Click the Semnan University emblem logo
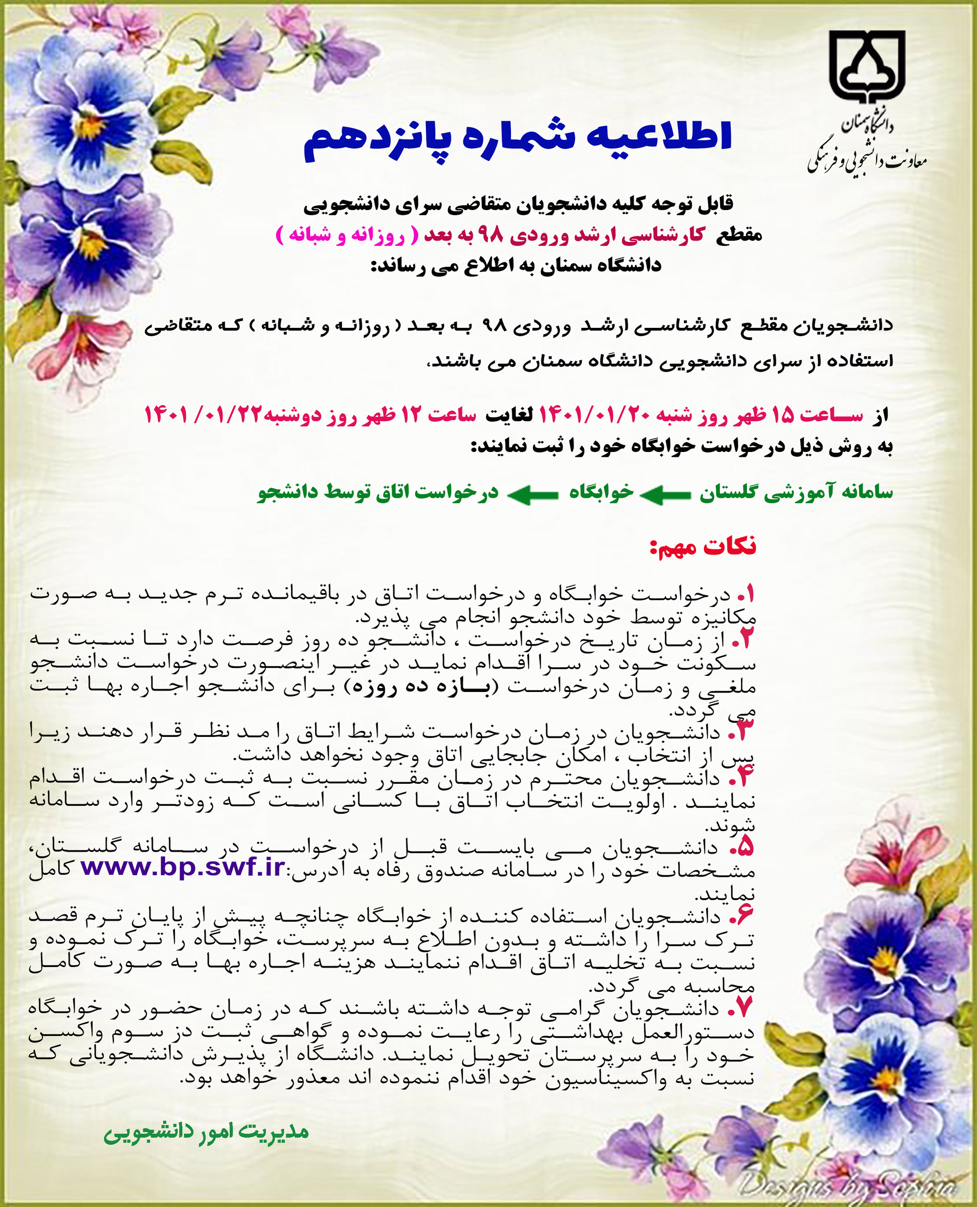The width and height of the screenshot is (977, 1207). click(867, 67)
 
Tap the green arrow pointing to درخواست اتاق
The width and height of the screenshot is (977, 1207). click(532, 495)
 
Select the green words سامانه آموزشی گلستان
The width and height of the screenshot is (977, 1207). click(796, 493)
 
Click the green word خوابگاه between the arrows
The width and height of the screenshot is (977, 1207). click(601, 493)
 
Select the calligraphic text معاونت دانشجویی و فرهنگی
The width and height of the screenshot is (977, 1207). click(867, 162)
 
